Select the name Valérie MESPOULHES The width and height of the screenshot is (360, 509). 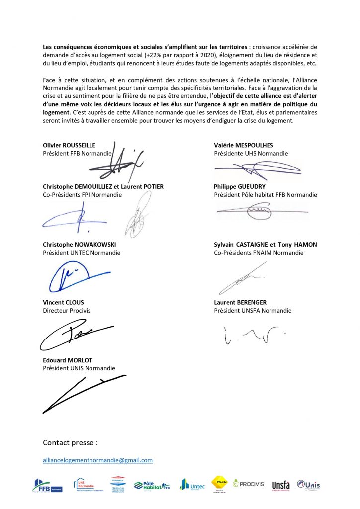[x=244, y=145]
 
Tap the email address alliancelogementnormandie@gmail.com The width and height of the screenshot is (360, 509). [x=97, y=460]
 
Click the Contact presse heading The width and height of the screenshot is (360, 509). [x=70, y=442]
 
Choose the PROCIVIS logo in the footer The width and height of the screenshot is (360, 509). [x=250, y=483]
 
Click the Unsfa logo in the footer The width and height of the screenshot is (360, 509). [x=281, y=485]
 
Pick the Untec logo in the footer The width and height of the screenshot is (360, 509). [x=192, y=484]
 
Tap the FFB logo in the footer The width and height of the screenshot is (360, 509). [x=47, y=485]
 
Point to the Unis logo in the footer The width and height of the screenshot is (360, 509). [x=308, y=484]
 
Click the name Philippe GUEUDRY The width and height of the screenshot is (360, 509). [x=240, y=187]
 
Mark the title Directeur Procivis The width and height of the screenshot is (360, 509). [x=67, y=311]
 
